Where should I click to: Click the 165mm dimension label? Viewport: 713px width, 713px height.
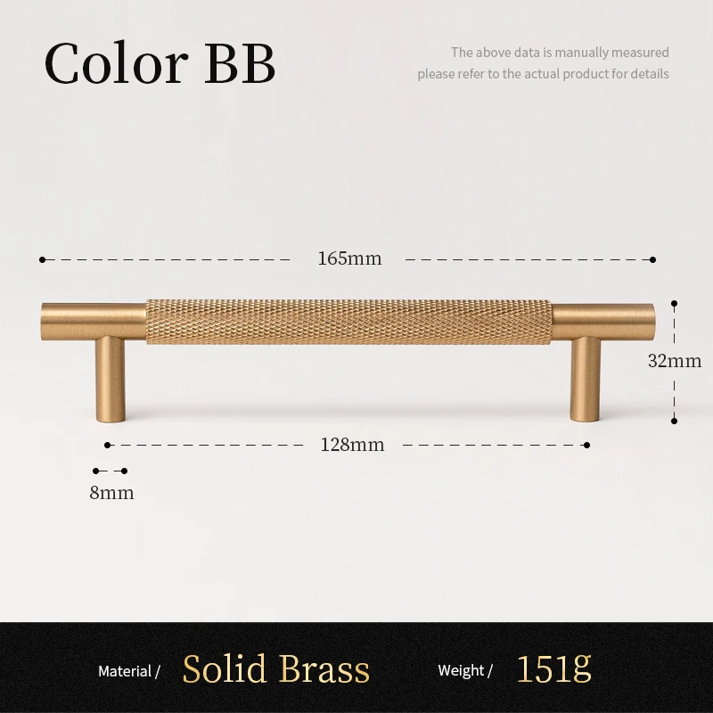point(349,258)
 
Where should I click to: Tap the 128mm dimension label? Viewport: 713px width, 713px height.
point(352,445)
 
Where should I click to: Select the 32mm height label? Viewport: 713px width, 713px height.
point(675,361)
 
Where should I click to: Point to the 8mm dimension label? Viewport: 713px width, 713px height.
point(112,493)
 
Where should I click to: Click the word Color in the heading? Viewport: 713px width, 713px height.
point(116,62)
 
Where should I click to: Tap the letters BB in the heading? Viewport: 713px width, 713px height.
point(240,63)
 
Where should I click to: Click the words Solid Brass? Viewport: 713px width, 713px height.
point(276,669)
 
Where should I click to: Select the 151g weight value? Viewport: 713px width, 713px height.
point(554,668)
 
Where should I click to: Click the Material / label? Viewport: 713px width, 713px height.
point(128,672)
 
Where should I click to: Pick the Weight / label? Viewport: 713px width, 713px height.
point(465,671)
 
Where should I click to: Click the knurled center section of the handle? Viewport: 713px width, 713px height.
point(348,322)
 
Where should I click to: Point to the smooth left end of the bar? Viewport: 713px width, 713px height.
point(94,321)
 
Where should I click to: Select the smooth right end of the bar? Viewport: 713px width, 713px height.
point(603,321)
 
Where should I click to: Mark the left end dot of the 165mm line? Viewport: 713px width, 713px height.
point(42,259)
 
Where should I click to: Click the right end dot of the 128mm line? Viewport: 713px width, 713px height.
point(587,445)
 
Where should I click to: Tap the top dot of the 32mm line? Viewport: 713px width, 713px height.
point(675,303)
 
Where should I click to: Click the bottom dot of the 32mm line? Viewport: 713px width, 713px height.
point(675,421)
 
